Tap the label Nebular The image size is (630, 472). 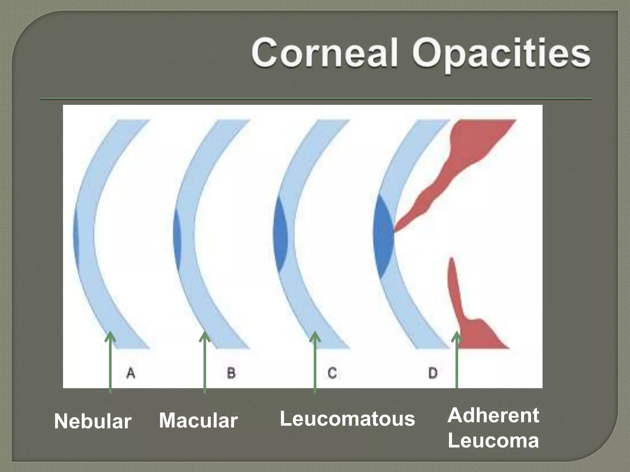pos(93,421)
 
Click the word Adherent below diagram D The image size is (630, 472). pos(493,415)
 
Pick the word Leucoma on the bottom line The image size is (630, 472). pos(493,440)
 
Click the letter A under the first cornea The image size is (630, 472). pos(131,373)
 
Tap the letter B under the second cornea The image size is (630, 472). pos(231,373)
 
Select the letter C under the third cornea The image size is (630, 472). pos(332,373)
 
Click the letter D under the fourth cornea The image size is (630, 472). pos(433,373)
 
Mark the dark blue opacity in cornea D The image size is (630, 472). pos(383,238)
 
